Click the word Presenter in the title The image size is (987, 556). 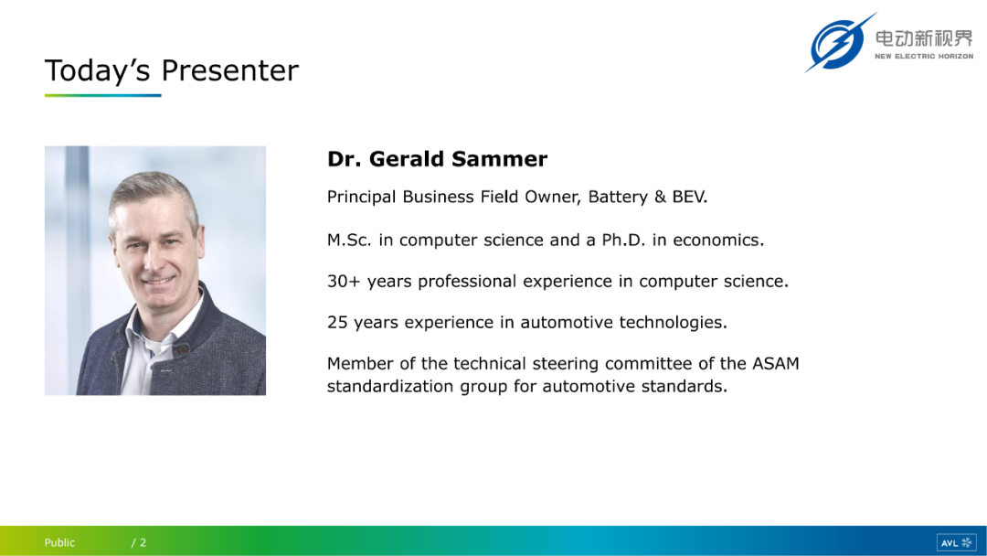coord(229,69)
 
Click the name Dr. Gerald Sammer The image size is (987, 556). coord(437,159)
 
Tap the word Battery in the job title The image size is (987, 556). coord(618,198)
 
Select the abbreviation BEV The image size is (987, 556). coord(690,197)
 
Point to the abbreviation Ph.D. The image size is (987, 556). coord(623,240)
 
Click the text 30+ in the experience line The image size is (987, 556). coord(344,281)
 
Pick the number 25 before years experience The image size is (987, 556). coord(337,323)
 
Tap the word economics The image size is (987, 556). coord(718,240)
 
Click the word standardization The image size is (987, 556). coord(390,386)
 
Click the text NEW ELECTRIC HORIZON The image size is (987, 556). coord(924,56)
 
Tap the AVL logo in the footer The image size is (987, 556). coord(956,543)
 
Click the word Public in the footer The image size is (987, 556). coord(59,543)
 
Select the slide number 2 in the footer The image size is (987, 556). coord(143,543)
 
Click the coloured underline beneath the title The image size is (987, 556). coord(102,96)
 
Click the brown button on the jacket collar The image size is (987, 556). coord(183,348)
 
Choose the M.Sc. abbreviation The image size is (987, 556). coord(349,240)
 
